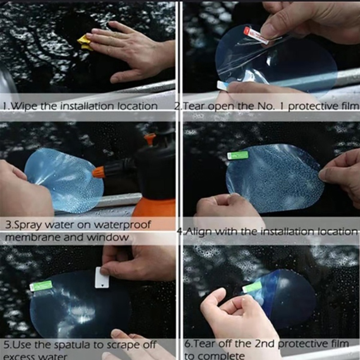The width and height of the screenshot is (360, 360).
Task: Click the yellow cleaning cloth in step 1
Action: point(85,42)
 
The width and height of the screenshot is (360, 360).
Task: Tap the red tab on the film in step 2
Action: point(256,35)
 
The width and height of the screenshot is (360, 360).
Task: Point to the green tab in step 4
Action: point(238,155)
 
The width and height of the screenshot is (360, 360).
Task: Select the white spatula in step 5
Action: point(102,277)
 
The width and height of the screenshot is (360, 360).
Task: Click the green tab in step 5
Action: point(41,286)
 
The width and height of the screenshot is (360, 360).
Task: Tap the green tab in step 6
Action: point(252,287)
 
